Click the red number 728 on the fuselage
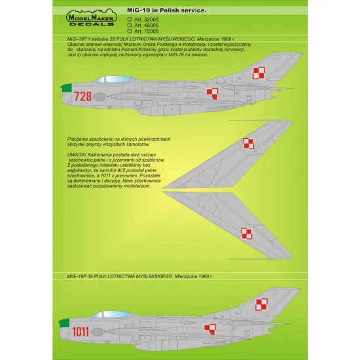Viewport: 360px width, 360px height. (x=83, y=97)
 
